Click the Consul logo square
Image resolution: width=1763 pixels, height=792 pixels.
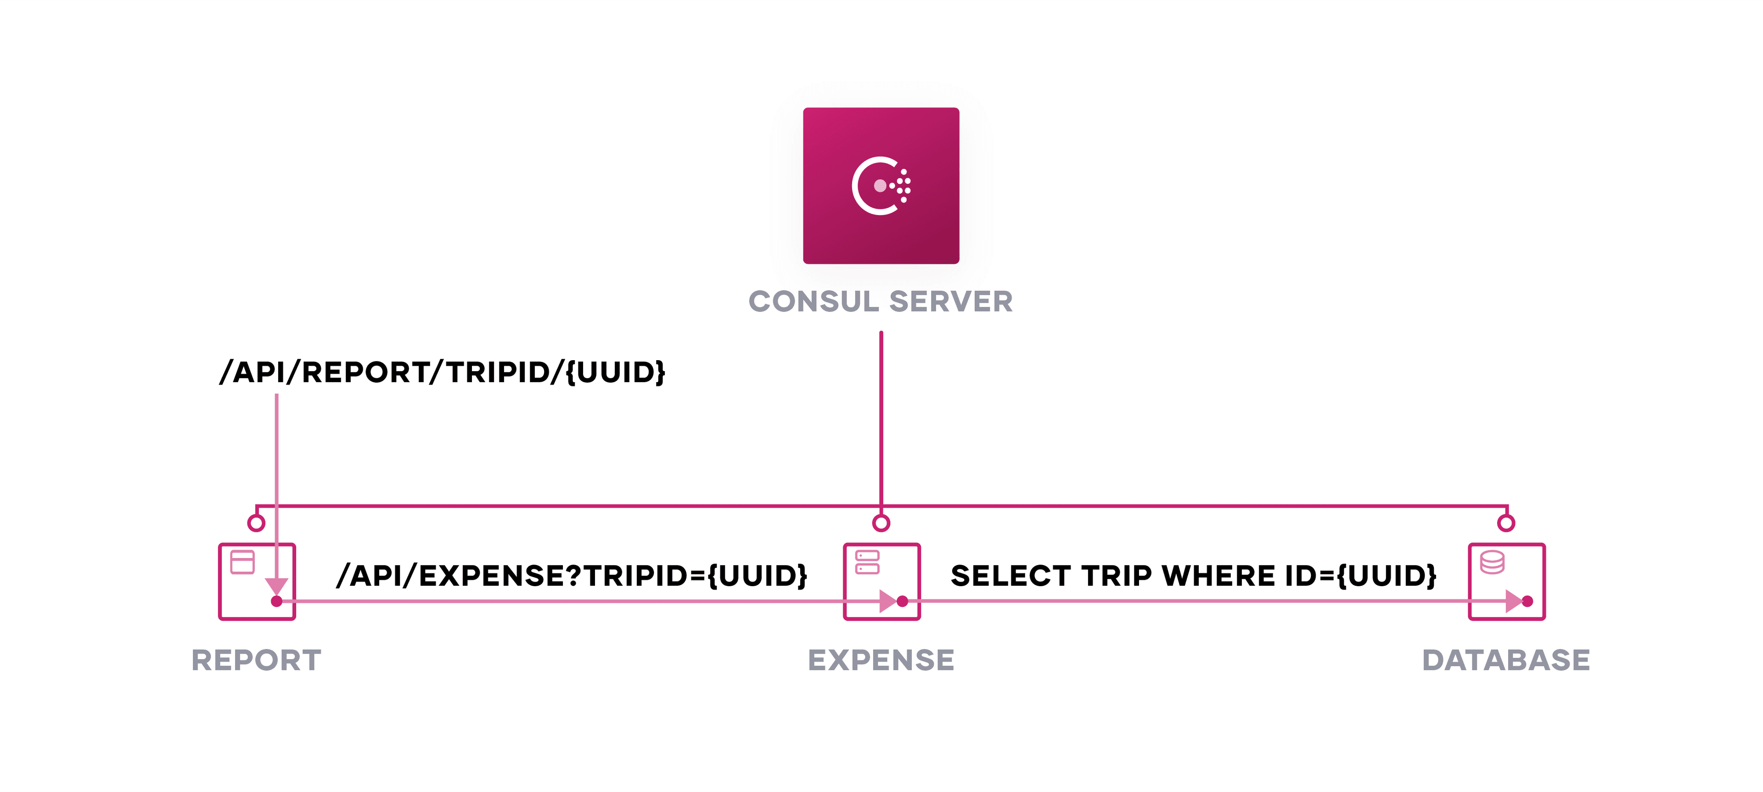tap(881, 186)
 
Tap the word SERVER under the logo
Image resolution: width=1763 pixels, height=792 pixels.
tap(951, 302)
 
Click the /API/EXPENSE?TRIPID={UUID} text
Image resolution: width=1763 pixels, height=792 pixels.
tap(572, 576)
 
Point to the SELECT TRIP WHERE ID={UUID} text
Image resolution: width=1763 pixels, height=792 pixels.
tap(1193, 576)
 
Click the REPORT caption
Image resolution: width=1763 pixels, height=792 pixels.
tap(257, 660)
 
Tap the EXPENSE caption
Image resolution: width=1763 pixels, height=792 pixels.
tap(881, 660)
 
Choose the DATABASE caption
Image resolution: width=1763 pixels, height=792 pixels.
tap(1506, 660)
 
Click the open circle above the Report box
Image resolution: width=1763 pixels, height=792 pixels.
tap(256, 523)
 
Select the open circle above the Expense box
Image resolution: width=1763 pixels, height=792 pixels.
tap(881, 523)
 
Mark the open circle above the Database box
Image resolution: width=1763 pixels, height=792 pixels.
tap(1506, 523)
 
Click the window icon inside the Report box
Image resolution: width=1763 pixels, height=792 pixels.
tap(242, 562)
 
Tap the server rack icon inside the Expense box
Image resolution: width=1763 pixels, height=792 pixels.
tap(867, 562)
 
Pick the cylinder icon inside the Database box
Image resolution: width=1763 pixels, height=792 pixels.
tap(1492, 562)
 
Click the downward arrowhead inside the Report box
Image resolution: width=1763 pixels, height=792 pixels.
tap(276, 586)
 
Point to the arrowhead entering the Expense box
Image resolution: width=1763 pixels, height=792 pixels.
tap(887, 601)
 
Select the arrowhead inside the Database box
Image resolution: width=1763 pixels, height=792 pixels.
tap(1512, 601)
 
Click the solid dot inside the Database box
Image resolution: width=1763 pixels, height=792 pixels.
tap(1527, 601)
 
